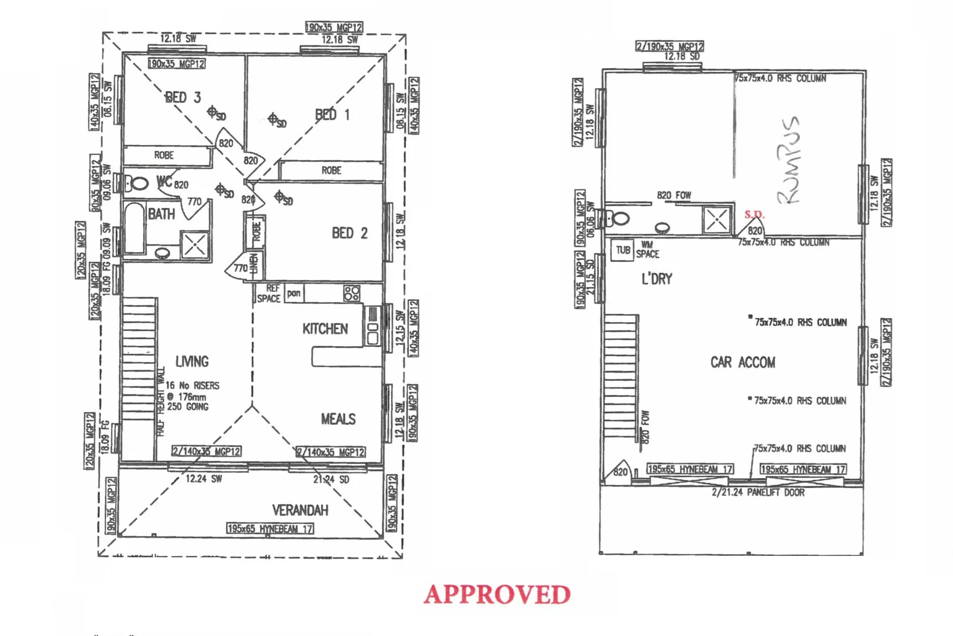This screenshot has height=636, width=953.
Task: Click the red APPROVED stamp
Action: click(x=497, y=594)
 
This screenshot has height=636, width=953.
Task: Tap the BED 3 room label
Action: click(x=183, y=97)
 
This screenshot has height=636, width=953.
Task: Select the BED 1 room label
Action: click(x=332, y=115)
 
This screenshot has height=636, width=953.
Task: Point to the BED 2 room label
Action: click(x=349, y=233)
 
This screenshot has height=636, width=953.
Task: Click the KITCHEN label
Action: click(x=325, y=329)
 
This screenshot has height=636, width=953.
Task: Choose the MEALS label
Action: click(x=338, y=419)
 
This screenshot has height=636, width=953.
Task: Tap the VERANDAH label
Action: click(x=300, y=510)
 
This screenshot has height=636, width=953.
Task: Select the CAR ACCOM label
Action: click(x=742, y=362)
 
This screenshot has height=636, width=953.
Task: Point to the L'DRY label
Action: click(x=657, y=279)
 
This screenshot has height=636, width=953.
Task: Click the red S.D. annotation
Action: click(x=754, y=214)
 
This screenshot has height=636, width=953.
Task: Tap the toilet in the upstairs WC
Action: click(x=138, y=183)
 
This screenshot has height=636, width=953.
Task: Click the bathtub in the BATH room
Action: click(x=135, y=228)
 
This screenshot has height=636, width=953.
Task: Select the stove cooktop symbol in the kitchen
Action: click(x=352, y=293)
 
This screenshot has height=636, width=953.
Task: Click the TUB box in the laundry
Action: click(x=622, y=250)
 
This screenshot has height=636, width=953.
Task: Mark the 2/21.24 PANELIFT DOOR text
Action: click(x=758, y=492)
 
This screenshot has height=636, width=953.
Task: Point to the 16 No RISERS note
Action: click(x=192, y=386)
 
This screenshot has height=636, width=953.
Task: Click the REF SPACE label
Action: click(x=269, y=293)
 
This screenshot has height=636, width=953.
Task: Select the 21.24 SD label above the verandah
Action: click(x=331, y=479)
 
